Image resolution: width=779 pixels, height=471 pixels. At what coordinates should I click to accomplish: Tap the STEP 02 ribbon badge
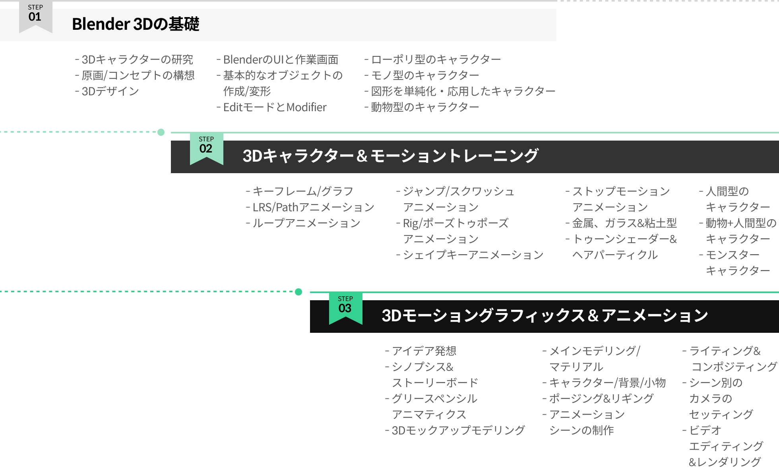click(x=206, y=148)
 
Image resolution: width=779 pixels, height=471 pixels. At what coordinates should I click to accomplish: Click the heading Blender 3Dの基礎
click(x=136, y=24)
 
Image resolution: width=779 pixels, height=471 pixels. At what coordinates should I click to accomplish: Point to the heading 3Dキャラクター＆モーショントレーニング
click(x=390, y=156)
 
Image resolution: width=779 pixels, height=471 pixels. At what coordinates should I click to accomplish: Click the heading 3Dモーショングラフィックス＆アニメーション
click(x=545, y=316)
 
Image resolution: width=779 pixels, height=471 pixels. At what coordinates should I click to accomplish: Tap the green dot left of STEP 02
click(x=161, y=132)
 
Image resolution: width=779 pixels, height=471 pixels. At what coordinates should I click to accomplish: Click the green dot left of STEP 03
click(x=298, y=292)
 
